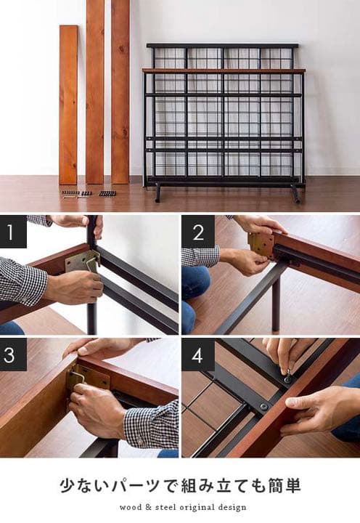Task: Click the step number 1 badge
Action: (x=13, y=232)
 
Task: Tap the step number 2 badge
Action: (x=198, y=232)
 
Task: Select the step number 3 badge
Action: (x=13, y=354)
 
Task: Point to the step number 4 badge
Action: (x=198, y=355)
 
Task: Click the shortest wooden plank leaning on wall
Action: (x=68, y=105)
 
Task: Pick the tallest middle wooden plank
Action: (x=95, y=92)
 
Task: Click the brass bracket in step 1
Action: (x=82, y=262)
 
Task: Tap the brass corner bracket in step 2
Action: (x=261, y=246)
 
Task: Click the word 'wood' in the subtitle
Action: (x=131, y=507)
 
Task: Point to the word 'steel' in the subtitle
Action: (x=165, y=507)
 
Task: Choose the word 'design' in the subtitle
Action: (x=232, y=508)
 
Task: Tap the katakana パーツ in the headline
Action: (x=136, y=486)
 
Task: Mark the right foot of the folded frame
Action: (x=295, y=193)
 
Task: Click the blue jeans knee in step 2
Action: (x=195, y=283)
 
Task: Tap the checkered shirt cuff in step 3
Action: (x=151, y=424)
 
